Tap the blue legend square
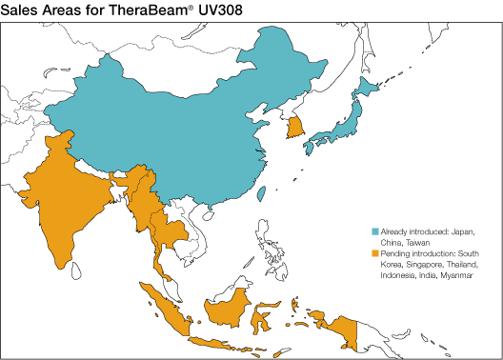click(x=374, y=231)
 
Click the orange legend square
click(x=374, y=252)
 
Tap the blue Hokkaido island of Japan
click(x=365, y=91)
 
